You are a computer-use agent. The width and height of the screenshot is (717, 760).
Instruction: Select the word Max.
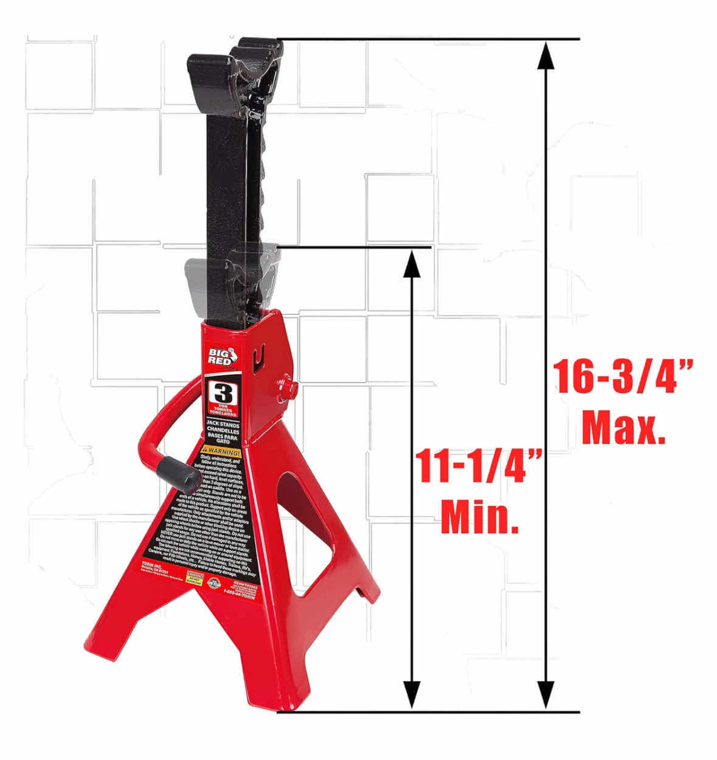click(623, 429)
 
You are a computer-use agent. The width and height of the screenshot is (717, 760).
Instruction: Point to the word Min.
click(480, 517)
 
